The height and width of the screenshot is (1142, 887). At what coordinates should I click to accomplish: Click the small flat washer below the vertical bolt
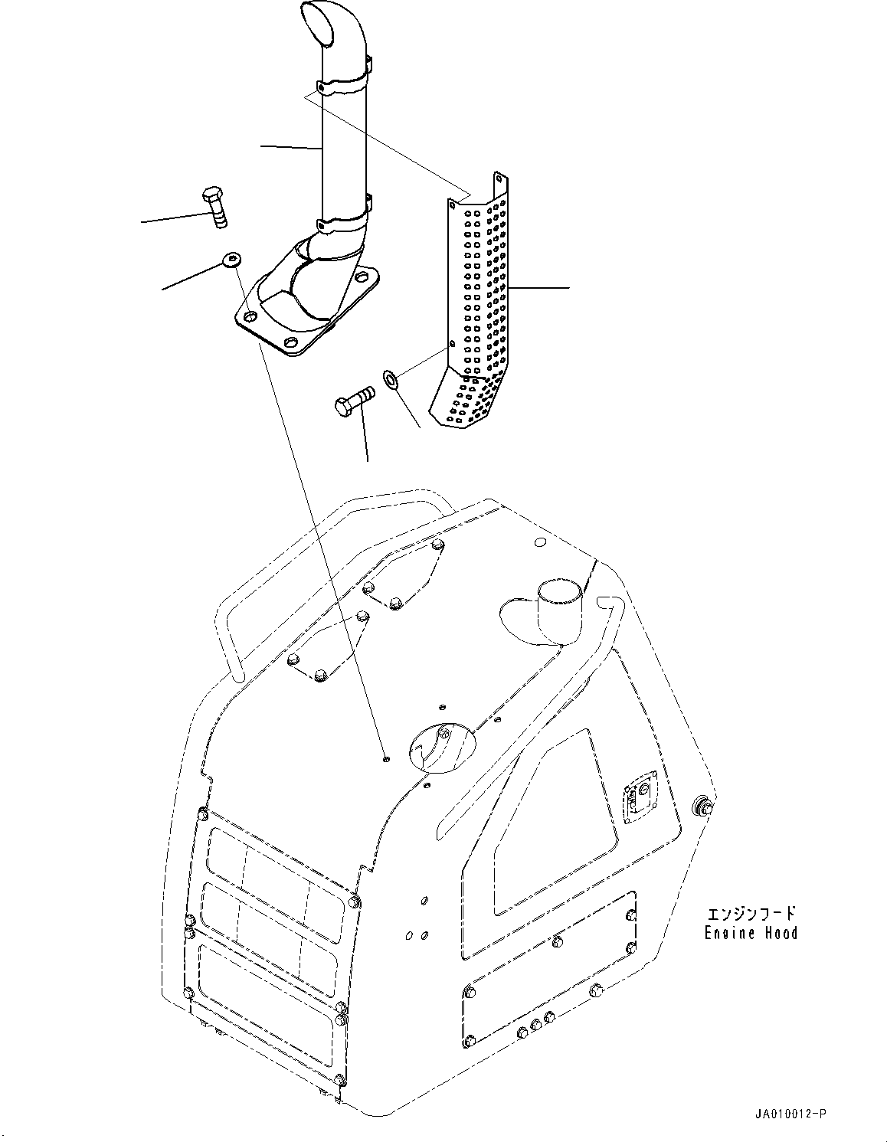[231, 260]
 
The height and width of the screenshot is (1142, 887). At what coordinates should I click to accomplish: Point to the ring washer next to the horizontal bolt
[389, 378]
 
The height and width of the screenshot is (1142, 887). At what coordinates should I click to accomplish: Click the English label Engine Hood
[751, 933]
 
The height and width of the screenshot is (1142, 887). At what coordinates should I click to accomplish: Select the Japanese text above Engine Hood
[751, 913]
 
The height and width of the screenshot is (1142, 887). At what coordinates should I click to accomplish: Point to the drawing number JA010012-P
[789, 1113]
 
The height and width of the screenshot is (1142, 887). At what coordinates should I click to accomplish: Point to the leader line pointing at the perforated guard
[540, 288]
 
